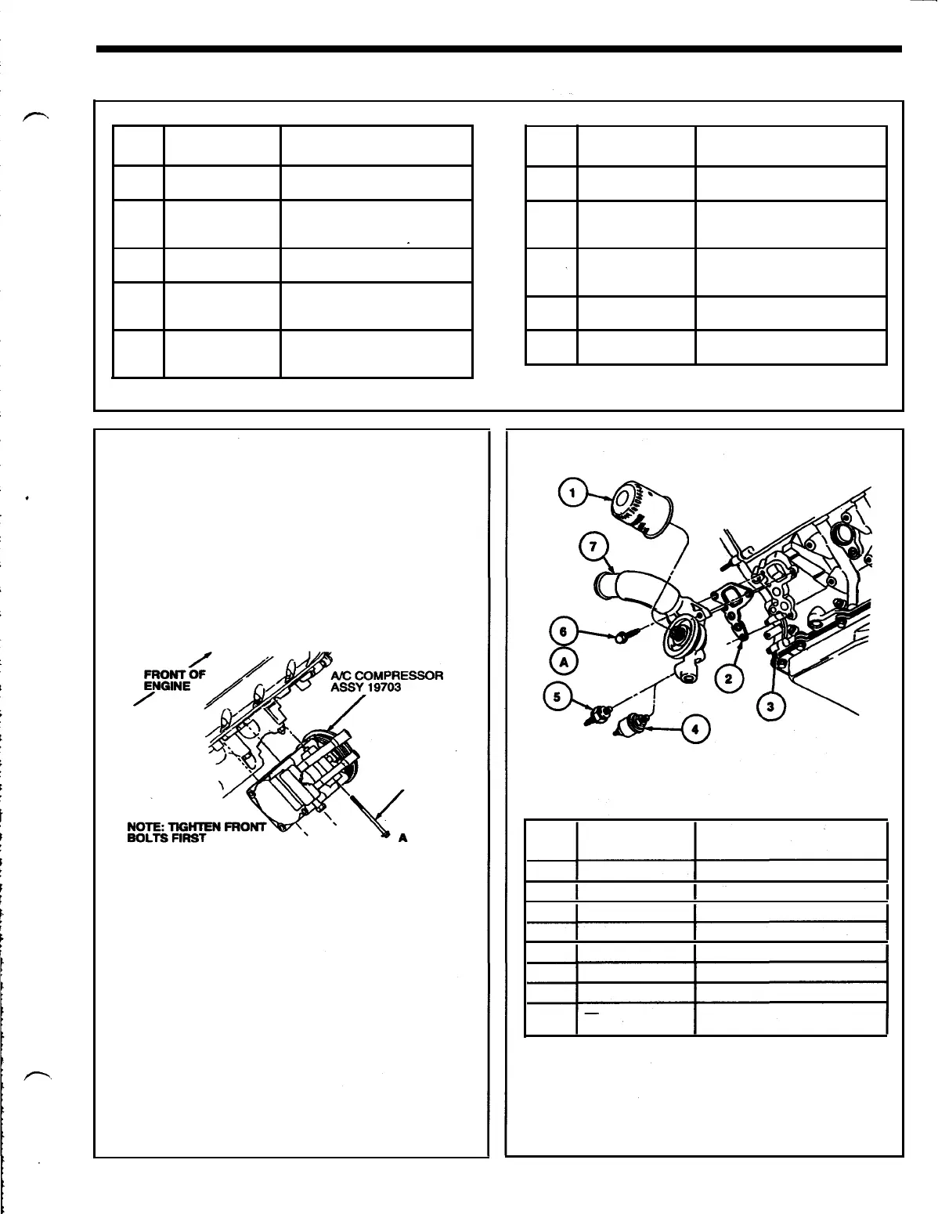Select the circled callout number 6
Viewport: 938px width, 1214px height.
(x=562, y=630)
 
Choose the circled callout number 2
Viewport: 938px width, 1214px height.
(x=729, y=678)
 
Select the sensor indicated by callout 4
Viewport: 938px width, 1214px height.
(x=630, y=726)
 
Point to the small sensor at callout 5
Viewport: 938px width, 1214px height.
(x=599, y=714)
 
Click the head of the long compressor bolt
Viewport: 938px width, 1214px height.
(x=384, y=833)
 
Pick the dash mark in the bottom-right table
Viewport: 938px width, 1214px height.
(x=593, y=1014)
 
